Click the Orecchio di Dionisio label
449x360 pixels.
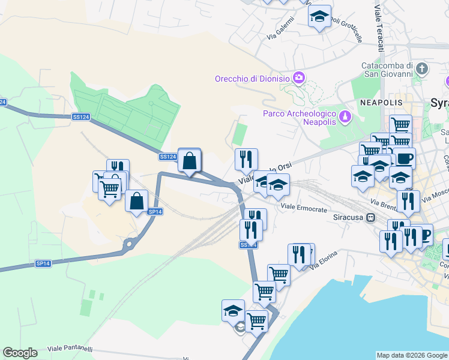[252, 79]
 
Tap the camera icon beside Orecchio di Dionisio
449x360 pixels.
[298, 77]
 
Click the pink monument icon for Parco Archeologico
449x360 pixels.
[345, 115]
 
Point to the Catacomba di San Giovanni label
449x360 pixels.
[387, 70]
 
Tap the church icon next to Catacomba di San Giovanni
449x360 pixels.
[423, 69]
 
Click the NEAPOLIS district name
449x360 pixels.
[377, 103]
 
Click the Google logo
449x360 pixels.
[20, 353]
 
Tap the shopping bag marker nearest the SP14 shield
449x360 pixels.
[137, 201]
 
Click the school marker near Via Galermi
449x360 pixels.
[319, 17]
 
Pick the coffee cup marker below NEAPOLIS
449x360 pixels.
[404, 158]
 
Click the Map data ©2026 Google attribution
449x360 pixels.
[412, 355]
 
